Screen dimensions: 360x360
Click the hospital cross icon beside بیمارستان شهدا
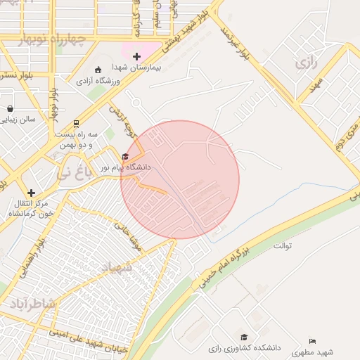point(136,56)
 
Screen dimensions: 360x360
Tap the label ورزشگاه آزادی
point(98,82)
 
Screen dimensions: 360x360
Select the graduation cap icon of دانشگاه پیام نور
point(126,157)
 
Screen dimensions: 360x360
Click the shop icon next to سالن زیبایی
point(10,108)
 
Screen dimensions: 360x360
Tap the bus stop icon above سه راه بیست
point(75,122)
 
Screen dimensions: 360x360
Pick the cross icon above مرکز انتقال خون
point(30,192)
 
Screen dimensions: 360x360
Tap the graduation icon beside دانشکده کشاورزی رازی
point(244,337)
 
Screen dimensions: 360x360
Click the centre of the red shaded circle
point(180,179)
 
